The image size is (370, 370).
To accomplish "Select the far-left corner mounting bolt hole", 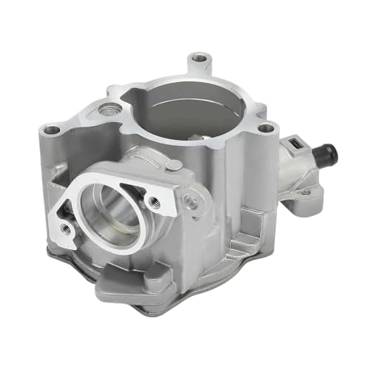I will click(52, 130).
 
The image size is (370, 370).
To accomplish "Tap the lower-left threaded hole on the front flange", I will click(65, 227).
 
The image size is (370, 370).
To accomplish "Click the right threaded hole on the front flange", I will click(155, 201).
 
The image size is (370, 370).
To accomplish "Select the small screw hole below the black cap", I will click(306, 192).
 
